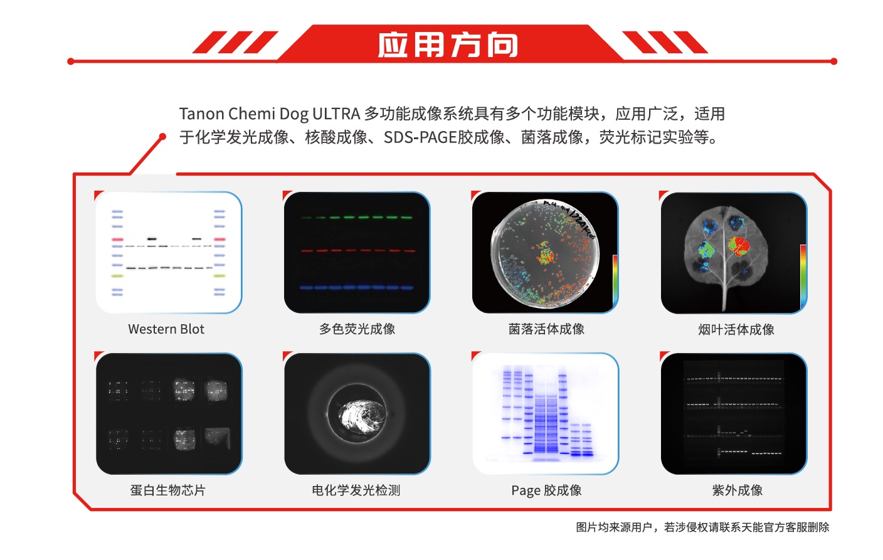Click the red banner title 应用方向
pyautogui.click(x=447, y=45)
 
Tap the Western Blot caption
pyautogui.click(x=166, y=329)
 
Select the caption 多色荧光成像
pyautogui.click(x=357, y=329)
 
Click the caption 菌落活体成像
pyautogui.click(x=546, y=329)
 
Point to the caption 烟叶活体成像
pyautogui.click(x=736, y=329)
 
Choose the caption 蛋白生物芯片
pyautogui.click(x=168, y=490)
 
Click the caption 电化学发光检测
pyautogui.click(x=356, y=490)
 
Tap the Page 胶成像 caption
pyautogui.click(x=546, y=490)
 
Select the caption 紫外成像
pyautogui.click(x=737, y=490)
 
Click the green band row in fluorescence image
pyautogui.click(x=357, y=217)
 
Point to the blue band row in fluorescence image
pyautogui.click(x=356, y=288)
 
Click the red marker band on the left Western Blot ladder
pyautogui.click(x=117, y=239)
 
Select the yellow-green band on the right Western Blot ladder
pyautogui.click(x=219, y=276)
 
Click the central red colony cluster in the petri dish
pyautogui.click(x=546, y=254)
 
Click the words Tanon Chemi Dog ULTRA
pyautogui.click(x=270, y=114)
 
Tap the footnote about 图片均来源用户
pyautogui.click(x=702, y=527)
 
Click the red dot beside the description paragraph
pyautogui.click(x=162, y=137)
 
